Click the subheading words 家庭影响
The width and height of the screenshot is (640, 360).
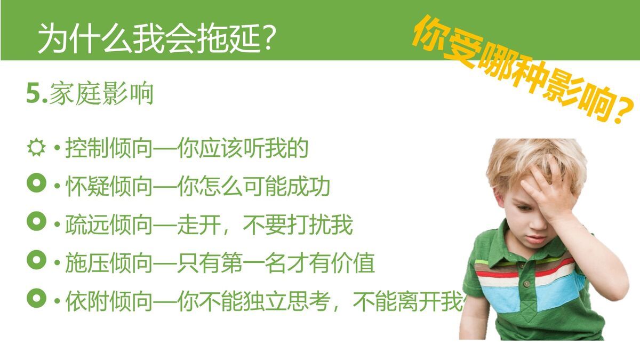pyautogui.click(x=101, y=94)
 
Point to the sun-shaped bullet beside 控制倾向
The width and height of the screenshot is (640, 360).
pyautogui.click(x=36, y=148)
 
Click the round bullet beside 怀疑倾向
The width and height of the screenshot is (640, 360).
pyautogui.click(x=36, y=185)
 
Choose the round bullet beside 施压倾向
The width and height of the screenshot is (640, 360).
pyautogui.click(x=36, y=260)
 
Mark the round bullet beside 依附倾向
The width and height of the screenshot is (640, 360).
pyautogui.click(x=36, y=299)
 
